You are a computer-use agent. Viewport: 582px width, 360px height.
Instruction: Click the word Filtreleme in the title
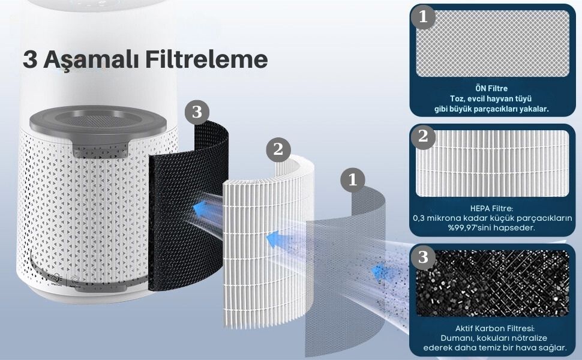(x=206, y=59)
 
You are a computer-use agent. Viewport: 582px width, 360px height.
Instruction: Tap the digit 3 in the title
(x=30, y=59)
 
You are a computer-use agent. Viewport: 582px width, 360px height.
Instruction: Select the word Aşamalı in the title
(x=91, y=60)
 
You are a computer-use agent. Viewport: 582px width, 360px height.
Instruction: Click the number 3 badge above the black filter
(x=197, y=112)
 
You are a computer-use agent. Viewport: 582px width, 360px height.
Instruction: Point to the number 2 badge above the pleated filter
(x=278, y=149)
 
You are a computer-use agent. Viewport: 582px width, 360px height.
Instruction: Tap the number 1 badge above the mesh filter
(x=353, y=180)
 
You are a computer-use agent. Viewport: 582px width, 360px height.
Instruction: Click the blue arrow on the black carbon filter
(x=200, y=209)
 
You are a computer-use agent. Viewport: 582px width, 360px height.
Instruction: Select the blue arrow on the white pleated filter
(x=274, y=239)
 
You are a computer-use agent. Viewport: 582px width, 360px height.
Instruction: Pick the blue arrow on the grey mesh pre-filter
(x=379, y=273)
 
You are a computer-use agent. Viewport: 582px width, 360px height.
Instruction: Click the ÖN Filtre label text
(x=491, y=88)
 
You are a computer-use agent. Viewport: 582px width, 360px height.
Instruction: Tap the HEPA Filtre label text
(x=491, y=209)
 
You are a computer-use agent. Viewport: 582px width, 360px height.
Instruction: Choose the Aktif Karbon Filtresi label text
(x=495, y=328)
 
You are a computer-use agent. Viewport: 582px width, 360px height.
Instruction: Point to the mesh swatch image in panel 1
(x=493, y=43)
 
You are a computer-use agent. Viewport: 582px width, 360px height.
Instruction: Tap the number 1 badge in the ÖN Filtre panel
(x=423, y=17)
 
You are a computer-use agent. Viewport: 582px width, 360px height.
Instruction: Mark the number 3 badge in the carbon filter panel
(x=423, y=257)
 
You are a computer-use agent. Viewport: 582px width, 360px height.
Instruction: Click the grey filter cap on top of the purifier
(x=98, y=126)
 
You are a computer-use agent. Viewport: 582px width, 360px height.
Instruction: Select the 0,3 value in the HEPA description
(x=418, y=218)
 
